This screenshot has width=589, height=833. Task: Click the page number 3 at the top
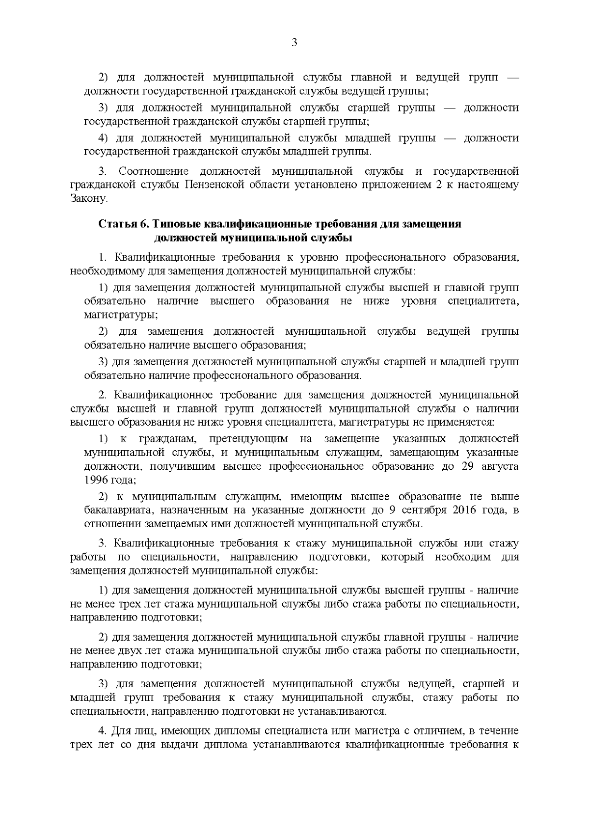(294, 43)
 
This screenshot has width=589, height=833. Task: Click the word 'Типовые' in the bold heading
(175, 224)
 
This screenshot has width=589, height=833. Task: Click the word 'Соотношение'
(154, 171)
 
